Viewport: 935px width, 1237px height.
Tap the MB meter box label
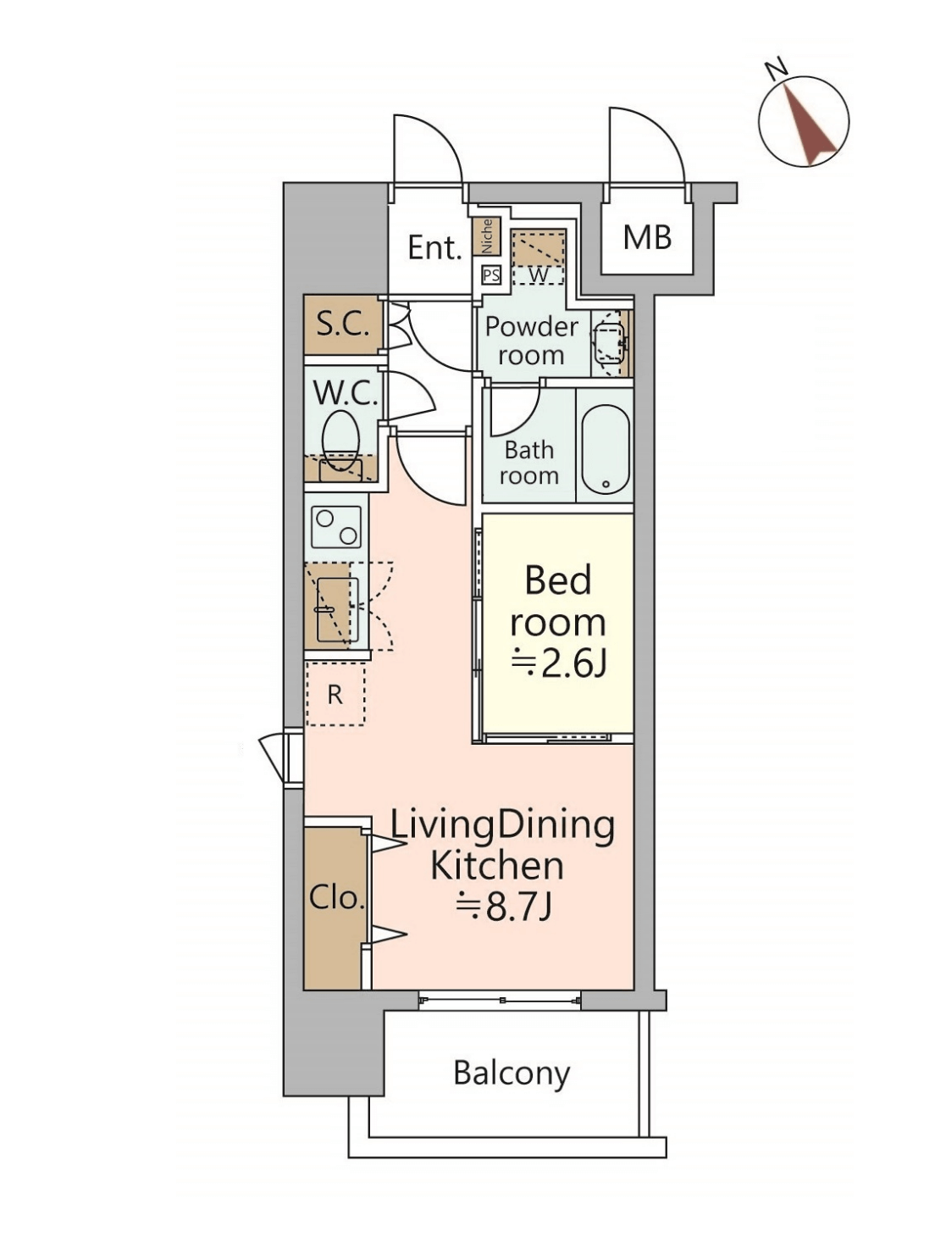pos(647,238)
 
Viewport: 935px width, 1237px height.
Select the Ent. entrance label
pos(434,247)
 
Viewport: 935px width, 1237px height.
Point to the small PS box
pos(491,275)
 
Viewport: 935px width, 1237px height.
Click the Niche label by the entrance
pos(487,236)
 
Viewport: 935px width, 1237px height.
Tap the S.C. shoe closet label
pos(343,324)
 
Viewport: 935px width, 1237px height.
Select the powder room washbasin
pos(609,342)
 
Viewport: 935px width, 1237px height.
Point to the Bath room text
pos(528,463)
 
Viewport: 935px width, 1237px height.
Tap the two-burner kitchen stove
pos(337,526)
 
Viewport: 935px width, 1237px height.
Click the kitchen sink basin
pos(333,609)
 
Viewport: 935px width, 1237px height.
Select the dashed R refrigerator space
pos(335,695)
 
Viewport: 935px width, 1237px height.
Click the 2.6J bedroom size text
pos(558,664)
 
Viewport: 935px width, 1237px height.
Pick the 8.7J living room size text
pos(503,907)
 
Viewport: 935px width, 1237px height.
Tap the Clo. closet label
pos(336,898)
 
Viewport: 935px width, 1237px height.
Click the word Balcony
pos(512,1073)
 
